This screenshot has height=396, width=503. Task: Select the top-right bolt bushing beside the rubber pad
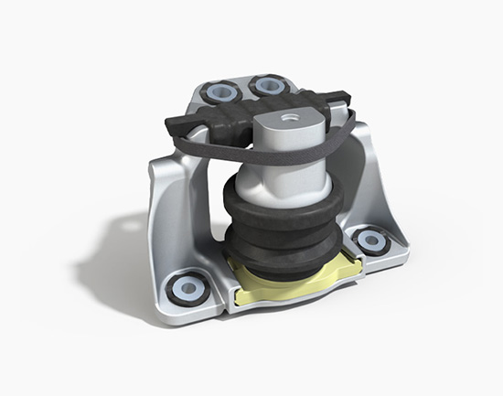pos(268,85)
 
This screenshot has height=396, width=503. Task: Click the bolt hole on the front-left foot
pos(187,289)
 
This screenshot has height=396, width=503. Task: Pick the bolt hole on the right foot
pos(371,240)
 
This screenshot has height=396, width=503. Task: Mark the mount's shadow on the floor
pos(110,256)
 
